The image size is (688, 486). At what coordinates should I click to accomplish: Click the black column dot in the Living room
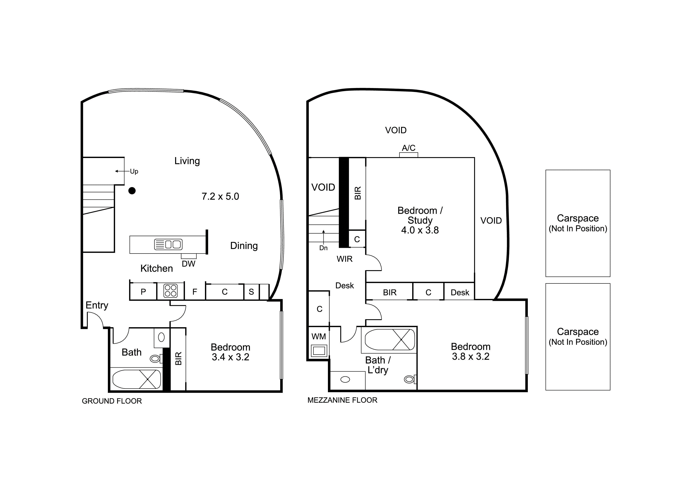tap(132, 191)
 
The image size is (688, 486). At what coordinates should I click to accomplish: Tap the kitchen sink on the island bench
tap(168, 244)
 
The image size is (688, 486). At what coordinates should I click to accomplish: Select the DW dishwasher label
tap(188, 264)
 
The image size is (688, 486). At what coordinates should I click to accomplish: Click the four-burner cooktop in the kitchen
tap(170, 291)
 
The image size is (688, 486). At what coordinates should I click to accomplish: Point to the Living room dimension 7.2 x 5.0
tap(220, 196)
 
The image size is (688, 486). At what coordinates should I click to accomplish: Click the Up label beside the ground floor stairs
tap(134, 172)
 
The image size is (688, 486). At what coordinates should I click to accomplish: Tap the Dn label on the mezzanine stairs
tap(323, 248)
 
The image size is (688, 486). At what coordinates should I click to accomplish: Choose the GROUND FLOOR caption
tap(112, 401)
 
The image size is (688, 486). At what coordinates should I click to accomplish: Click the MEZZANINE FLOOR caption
tap(342, 400)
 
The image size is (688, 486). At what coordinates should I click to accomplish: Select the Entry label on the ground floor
tap(97, 305)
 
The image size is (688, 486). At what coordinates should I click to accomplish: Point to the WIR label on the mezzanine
tap(345, 259)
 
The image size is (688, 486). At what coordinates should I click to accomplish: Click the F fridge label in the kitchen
tap(195, 292)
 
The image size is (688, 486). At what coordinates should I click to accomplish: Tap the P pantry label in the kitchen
tap(143, 292)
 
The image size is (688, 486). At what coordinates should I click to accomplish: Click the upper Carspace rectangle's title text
tap(578, 218)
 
